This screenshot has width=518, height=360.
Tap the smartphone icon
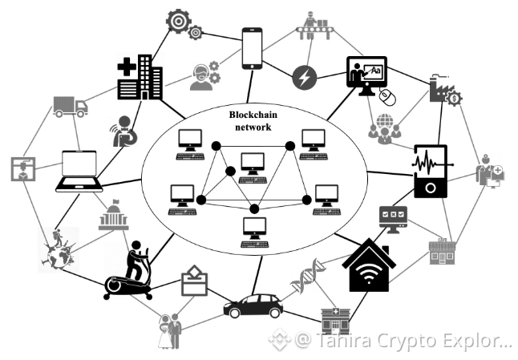[x=253, y=47]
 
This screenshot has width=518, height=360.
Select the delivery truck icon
[x=70, y=107]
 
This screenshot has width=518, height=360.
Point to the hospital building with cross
[x=140, y=77]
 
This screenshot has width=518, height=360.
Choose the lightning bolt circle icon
[x=306, y=77]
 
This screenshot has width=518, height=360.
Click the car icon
[x=253, y=305]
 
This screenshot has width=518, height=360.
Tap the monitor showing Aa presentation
[x=367, y=74]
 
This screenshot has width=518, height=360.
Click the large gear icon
[x=177, y=21]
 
